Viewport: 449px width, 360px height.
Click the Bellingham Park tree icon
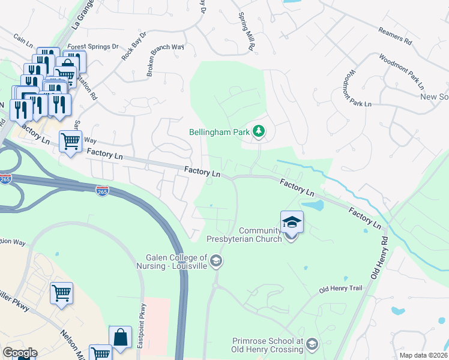259,131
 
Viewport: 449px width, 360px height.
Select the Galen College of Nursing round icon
217,261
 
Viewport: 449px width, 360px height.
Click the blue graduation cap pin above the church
292,222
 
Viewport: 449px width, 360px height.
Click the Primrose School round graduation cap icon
312,344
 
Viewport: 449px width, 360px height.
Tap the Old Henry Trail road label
341,289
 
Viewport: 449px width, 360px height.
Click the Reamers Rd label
394,38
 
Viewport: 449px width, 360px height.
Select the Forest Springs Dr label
93,46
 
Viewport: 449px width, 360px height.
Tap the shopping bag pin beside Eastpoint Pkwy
120,337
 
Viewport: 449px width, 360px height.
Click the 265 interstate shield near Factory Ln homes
102,191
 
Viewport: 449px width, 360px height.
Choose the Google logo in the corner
20,353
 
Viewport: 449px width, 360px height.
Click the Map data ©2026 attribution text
423,355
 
